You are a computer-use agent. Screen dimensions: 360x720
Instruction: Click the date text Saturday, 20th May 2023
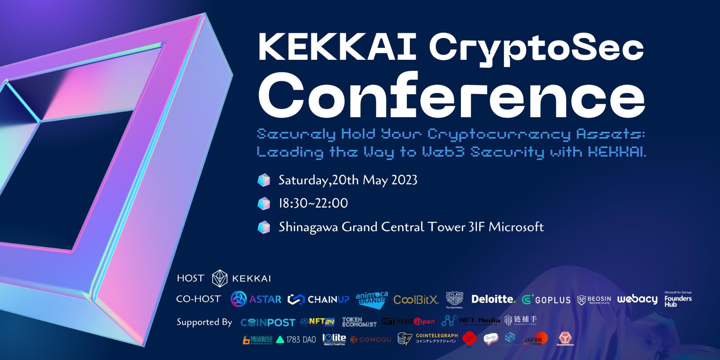(348, 180)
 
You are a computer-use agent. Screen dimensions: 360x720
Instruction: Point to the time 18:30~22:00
(313, 203)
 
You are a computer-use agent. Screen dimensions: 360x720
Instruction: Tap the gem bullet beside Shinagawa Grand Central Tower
(264, 227)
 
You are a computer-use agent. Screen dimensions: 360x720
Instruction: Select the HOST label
(190, 278)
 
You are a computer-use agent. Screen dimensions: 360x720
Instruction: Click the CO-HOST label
(198, 299)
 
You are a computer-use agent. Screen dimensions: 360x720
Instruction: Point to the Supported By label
(204, 322)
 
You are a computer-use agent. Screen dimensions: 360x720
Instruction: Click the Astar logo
(256, 299)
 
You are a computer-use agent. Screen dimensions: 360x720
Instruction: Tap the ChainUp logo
(319, 300)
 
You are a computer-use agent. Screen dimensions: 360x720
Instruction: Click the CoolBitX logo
(416, 300)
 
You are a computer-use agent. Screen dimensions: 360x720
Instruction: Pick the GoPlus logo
(546, 300)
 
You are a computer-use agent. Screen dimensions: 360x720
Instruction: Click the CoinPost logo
(268, 323)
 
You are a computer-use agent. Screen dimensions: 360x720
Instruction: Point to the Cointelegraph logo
(428, 338)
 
